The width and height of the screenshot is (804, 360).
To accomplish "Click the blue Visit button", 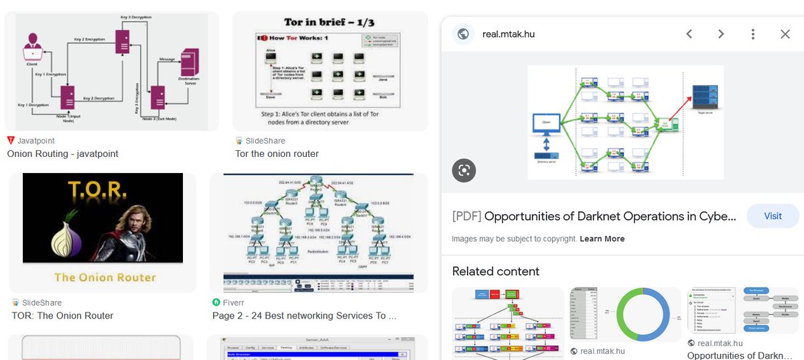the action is [773, 216].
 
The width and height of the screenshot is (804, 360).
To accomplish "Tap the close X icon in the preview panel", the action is [785, 34].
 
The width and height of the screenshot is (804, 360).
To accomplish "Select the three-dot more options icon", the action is [753, 34].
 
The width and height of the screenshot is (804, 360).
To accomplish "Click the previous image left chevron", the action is [689, 34].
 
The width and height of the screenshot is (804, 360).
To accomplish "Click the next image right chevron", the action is [721, 34].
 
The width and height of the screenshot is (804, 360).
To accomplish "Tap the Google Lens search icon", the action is [464, 170].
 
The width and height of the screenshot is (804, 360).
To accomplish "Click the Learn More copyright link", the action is [602, 239].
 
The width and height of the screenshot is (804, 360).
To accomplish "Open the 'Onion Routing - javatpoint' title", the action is [62, 154].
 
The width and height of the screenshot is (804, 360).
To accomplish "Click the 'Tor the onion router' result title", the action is [277, 154].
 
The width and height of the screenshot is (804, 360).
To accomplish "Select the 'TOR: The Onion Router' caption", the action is [62, 316].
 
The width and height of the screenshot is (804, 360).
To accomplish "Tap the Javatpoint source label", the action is [36, 141].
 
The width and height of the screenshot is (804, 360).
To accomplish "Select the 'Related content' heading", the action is [496, 272].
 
